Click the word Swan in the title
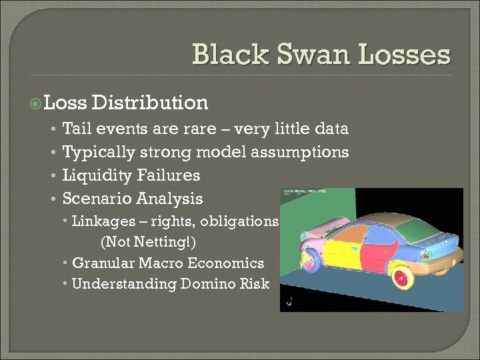tap(303, 54)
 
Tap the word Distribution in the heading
tap(151, 103)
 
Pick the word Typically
tap(98, 153)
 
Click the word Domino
tap(201, 283)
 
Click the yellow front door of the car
tap(343, 248)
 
